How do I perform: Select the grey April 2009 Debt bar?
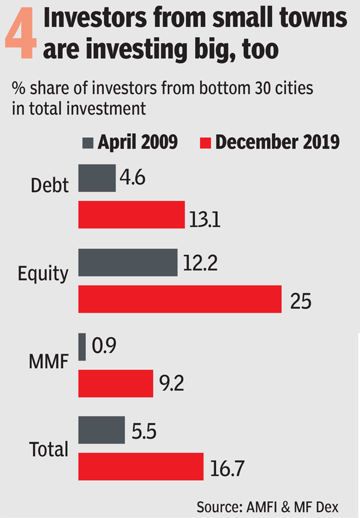(x=97, y=178)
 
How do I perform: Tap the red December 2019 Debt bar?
(x=131, y=215)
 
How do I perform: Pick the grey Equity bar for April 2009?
(x=128, y=262)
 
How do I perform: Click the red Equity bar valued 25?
(x=180, y=299)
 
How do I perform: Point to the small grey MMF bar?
(x=82, y=347)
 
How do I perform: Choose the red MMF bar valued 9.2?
(x=116, y=383)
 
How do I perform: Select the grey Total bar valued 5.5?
(x=101, y=430)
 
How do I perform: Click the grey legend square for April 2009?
(x=88, y=143)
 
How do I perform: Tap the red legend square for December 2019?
(x=205, y=143)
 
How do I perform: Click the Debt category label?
(x=50, y=185)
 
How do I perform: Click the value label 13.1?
(x=206, y=221)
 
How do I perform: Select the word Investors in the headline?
(x=102, y=21)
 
